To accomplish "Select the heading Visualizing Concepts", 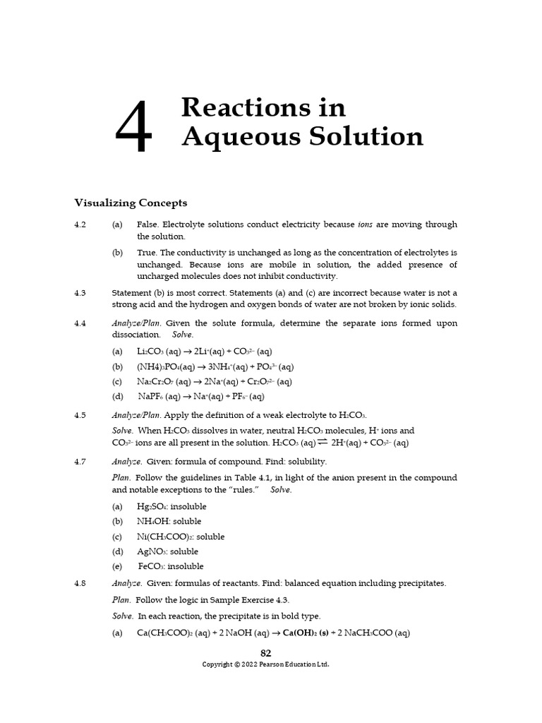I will pos(131,203).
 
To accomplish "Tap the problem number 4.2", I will pos(80,225).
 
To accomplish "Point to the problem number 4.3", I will pos(80,292).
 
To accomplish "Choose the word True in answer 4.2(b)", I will pos(146,252).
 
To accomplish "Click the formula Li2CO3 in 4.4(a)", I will pos(150,352).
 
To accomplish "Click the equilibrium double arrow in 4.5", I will pos(323,443).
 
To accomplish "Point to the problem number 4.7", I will pos(80,461).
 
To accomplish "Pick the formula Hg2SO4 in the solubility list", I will pos(151,506).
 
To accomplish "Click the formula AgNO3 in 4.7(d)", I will pos(151,551).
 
